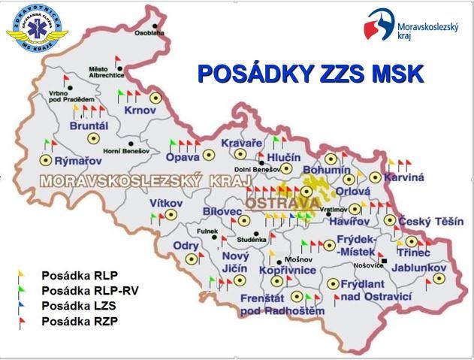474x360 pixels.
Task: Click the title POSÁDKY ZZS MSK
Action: coord(309,74)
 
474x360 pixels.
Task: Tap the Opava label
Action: coord(183,158)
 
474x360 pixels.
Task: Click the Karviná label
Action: coord(404,177)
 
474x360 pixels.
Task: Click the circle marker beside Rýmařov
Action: coord(45,159)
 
